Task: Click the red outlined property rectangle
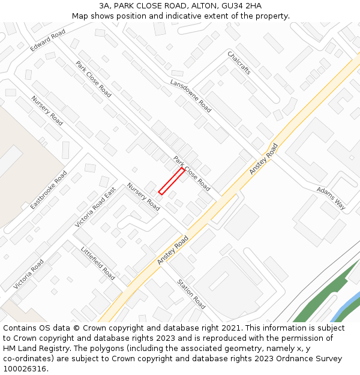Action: click(172, 181)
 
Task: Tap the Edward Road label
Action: click(48, 41)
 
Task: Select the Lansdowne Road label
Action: click(191, 96)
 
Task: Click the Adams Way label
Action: click(331, 198)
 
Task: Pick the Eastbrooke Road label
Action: click(49, 190)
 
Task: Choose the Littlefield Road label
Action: click(98, 263)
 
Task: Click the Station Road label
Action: click(191, 293)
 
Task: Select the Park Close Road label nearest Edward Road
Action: click(94, 79)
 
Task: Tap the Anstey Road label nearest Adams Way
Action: click(264, 159)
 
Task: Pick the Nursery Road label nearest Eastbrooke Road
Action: click(47, 111)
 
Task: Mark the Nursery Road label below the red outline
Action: click(143, 197)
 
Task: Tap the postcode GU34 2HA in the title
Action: click(241, 6)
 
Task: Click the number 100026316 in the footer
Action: click(25, 368)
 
